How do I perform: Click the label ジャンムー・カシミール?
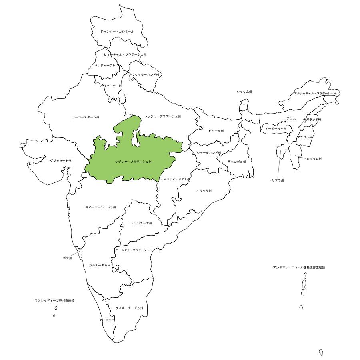(117, 31)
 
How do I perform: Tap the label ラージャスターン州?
(86, 117)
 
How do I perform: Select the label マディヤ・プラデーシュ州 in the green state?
(133, 162)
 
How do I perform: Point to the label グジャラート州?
(61, 160)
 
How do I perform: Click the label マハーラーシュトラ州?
(101, 207)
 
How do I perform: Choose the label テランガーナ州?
(141, 223)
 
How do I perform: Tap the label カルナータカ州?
(100, 265)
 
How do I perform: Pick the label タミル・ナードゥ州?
(129, 308)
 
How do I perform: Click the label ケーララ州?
(107, 320)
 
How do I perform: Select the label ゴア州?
(67, 258)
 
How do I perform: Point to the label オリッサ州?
(204, 190)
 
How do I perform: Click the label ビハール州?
(216, 131)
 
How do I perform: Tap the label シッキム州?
(244, 92)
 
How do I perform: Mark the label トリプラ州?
(276, 180)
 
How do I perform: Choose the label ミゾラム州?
(314, 158)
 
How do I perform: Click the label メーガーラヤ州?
(276, 129)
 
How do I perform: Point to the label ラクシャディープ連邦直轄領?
(54, 300)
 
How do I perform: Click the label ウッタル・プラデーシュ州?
(162, 116)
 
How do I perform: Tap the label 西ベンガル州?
(236, 162)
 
